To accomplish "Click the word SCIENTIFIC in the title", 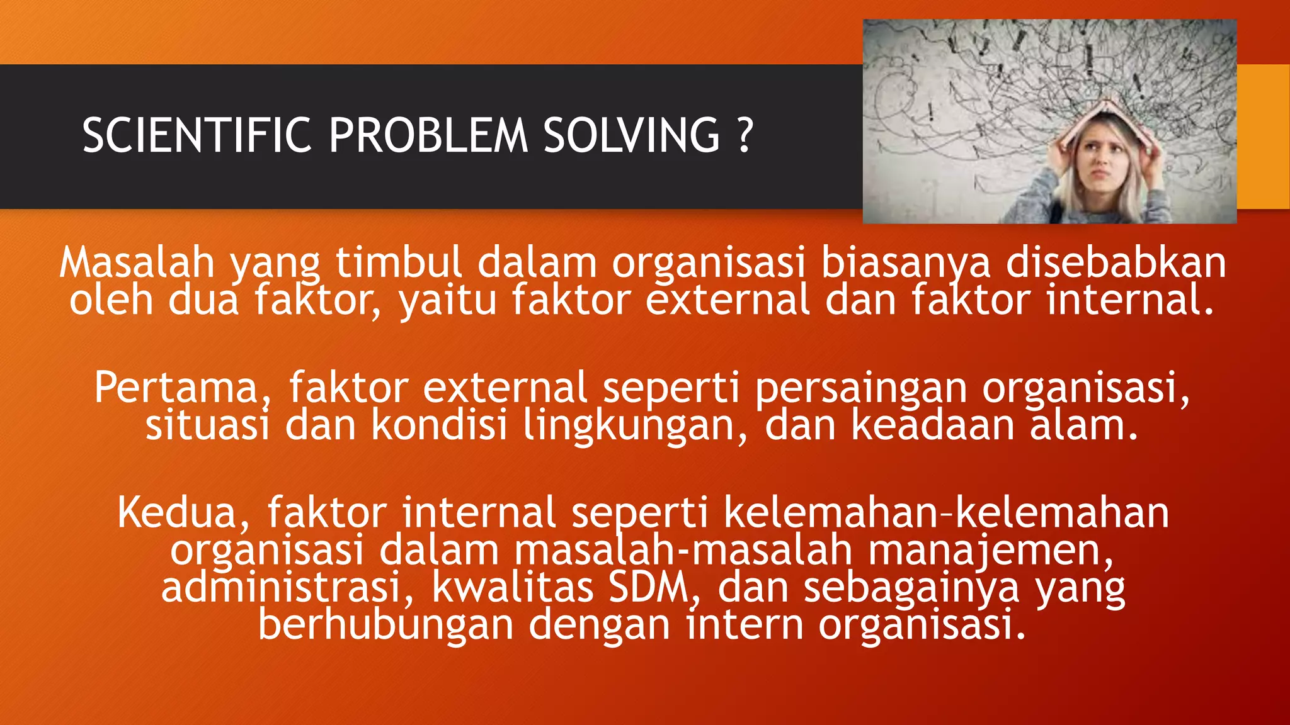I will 197,135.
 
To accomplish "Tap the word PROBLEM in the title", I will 428,135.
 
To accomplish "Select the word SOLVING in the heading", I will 631,135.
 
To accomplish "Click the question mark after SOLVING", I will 744,135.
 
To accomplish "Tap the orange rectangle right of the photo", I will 1263,136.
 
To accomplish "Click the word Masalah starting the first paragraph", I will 137,262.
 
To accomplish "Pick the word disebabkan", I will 1116,262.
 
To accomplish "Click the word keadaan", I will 933,425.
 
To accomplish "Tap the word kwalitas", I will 513,587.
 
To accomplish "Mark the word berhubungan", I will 385,625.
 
